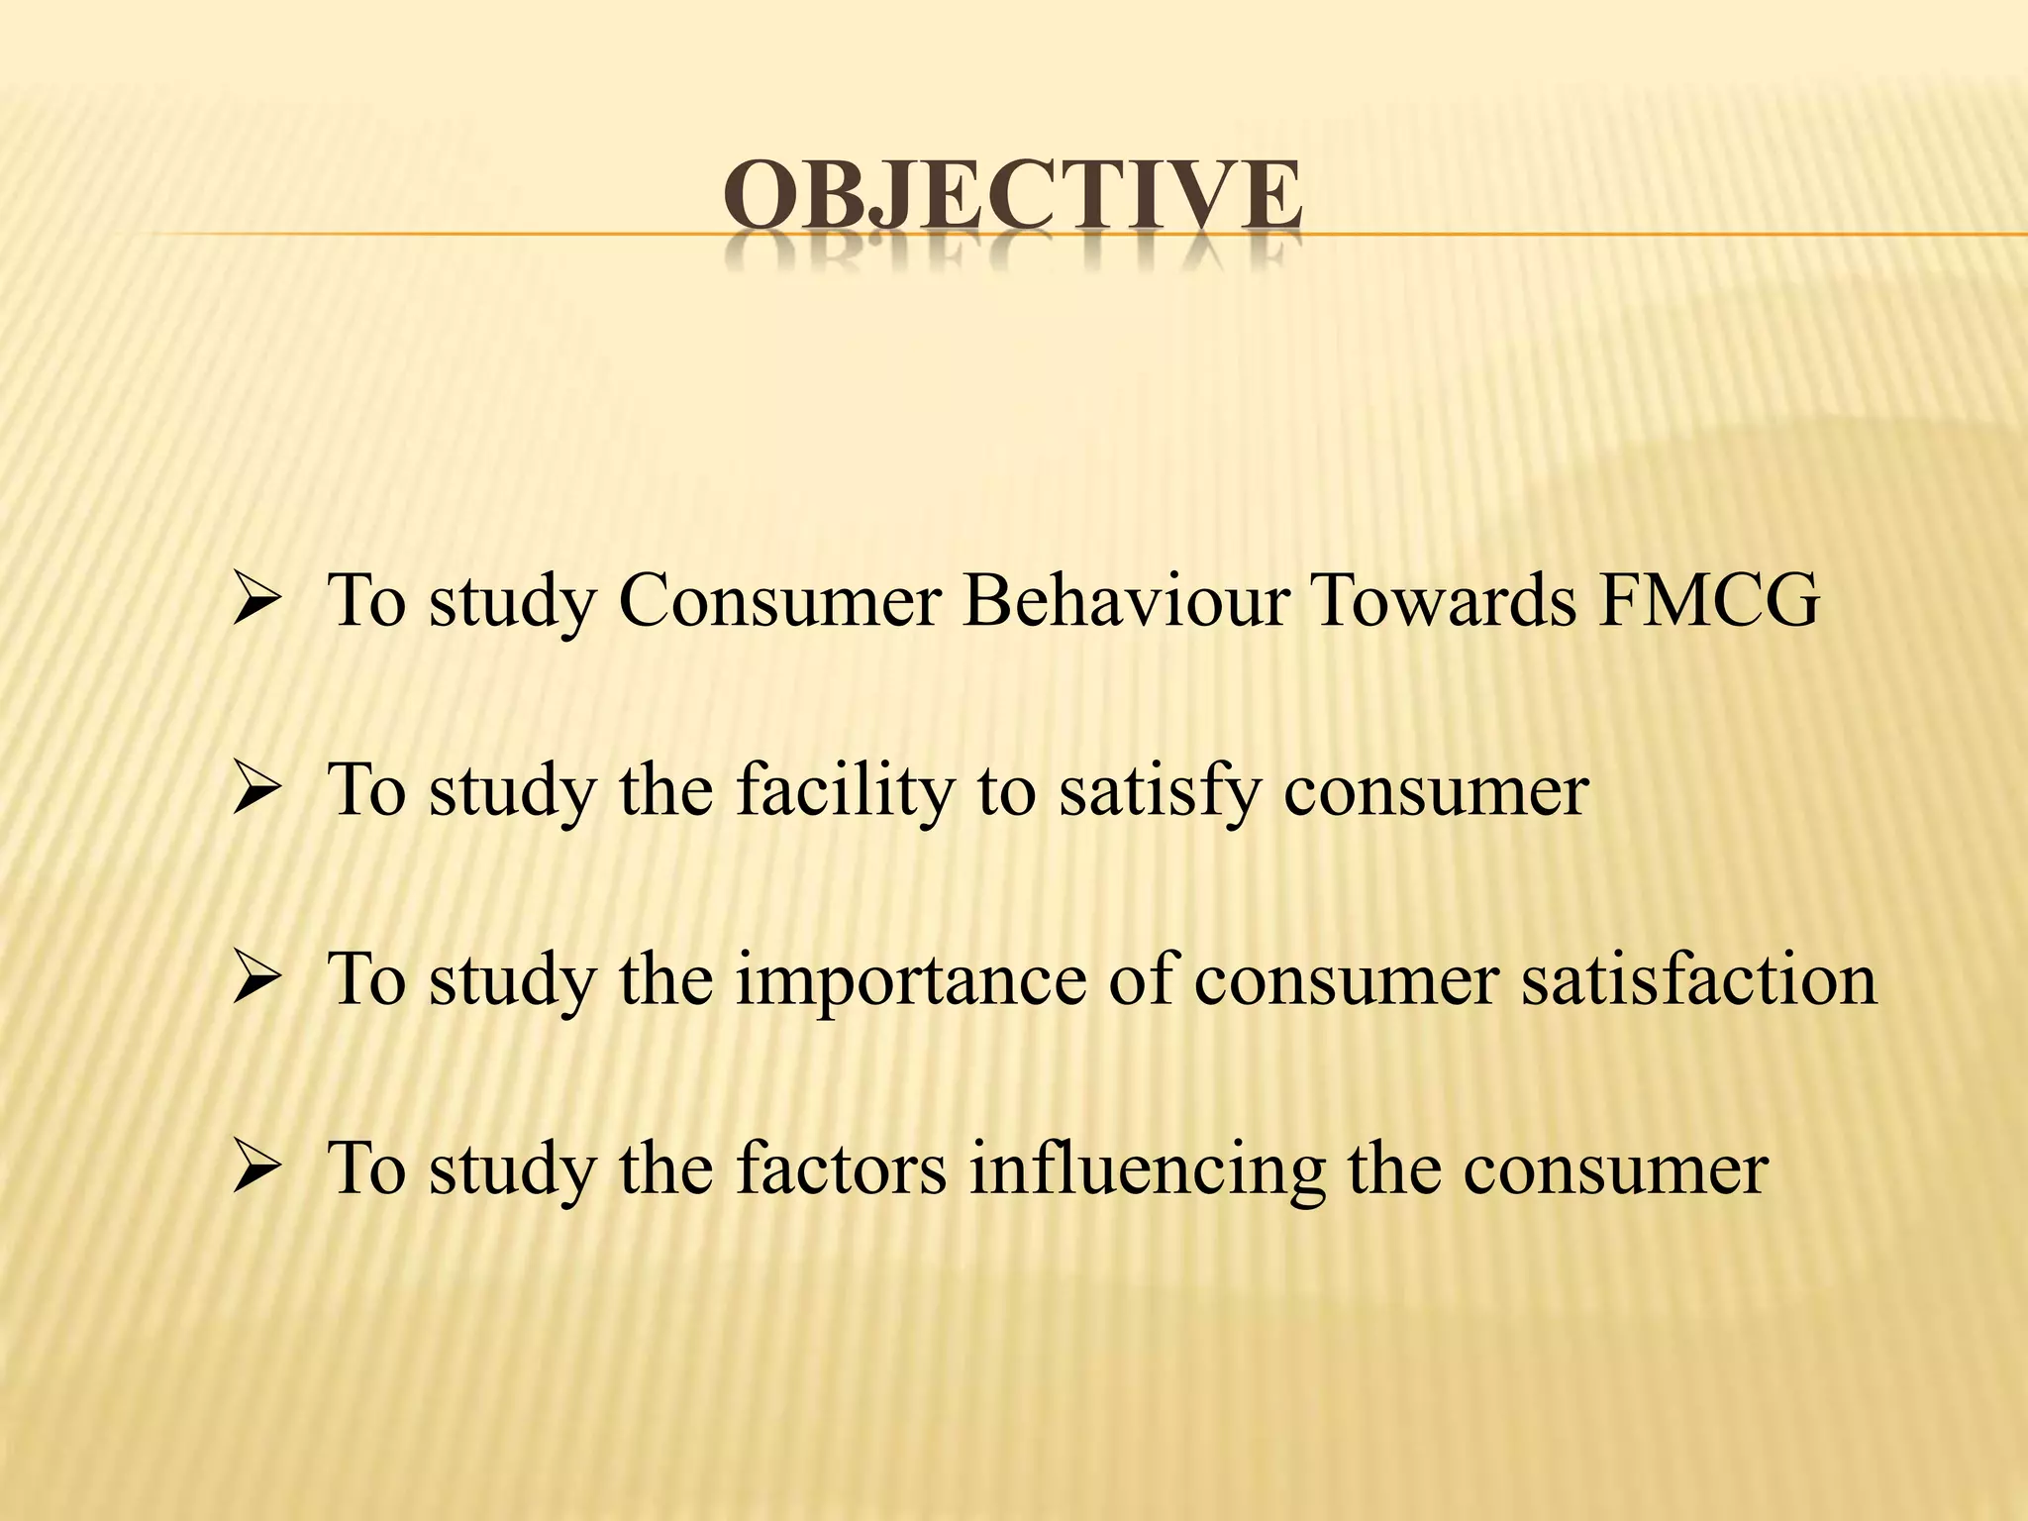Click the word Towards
click(x=1444, y=601)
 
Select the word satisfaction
click(x=1699, y=980)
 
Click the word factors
click(x=841, y=1169)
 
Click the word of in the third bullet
click(x=1140, y=980)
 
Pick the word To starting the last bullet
click(x=366, y=1169)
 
